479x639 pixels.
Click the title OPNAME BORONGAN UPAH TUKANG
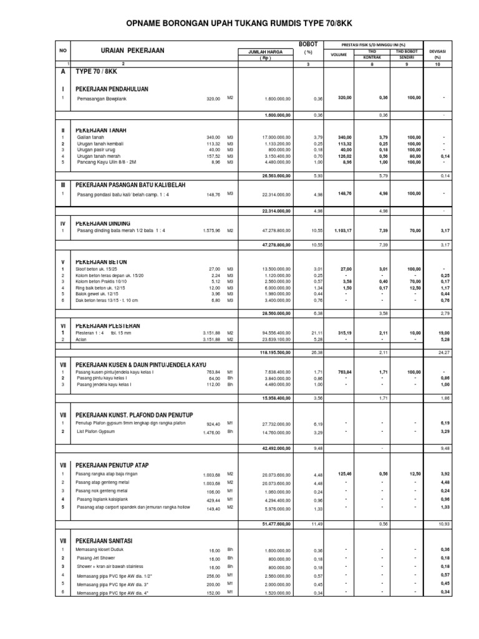(239, 23)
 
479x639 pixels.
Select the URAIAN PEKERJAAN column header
(132, 51)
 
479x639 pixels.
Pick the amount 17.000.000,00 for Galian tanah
(273, 137)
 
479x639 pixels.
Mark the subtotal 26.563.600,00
(273, 177)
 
